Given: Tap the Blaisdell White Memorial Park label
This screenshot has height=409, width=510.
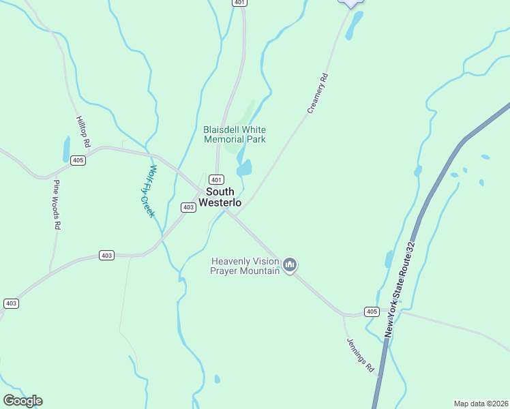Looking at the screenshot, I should coord(235,134).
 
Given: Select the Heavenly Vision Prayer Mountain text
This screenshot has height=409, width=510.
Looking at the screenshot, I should coord(245,266).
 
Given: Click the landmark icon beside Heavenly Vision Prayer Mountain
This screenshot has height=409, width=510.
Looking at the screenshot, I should coord(290,264).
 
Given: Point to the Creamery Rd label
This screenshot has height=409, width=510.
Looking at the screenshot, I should coord(318,93).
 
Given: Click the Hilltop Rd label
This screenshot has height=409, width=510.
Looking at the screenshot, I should coord(82,132).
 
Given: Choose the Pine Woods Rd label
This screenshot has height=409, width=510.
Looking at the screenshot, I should coord(57,204).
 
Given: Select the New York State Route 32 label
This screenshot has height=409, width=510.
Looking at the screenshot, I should coord(400,289).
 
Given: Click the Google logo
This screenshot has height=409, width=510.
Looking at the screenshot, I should coord(22,401).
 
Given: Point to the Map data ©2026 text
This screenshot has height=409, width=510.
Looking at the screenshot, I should coord(481,404).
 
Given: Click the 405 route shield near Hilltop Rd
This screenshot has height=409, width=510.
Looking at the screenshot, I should coord(78,160).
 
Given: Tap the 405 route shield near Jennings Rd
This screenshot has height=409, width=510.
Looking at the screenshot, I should coord(371,312).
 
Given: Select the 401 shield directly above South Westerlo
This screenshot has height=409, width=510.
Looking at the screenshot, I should coord(216,179).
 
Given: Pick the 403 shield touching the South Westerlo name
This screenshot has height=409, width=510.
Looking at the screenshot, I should coord(189,207).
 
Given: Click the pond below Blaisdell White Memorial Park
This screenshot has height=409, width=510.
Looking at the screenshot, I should coord(244,168).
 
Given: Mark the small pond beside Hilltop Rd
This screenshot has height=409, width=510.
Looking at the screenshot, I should coord(66,149).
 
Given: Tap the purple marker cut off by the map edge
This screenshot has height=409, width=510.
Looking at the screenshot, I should coord(350,3).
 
